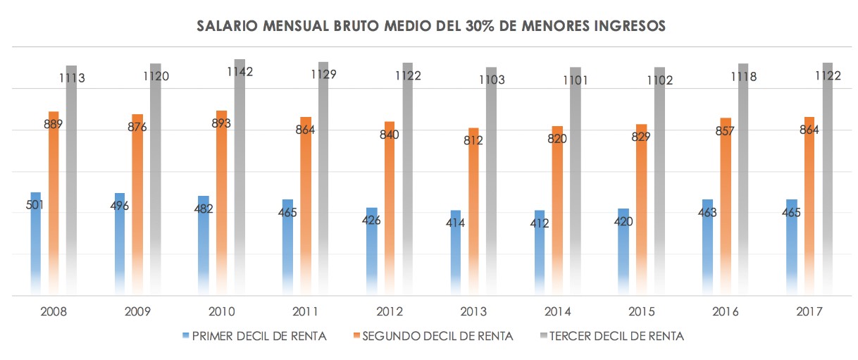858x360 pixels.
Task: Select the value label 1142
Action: pos(240,71)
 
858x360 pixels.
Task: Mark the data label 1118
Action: pos(743,76)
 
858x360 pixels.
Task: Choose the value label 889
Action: pos(53,125)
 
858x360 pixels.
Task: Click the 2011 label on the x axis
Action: pos(306,311)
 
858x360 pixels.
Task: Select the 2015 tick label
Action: pos(642,311)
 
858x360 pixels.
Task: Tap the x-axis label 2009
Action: pos(138,311)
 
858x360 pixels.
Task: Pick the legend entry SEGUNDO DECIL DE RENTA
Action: pos(437,336)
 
